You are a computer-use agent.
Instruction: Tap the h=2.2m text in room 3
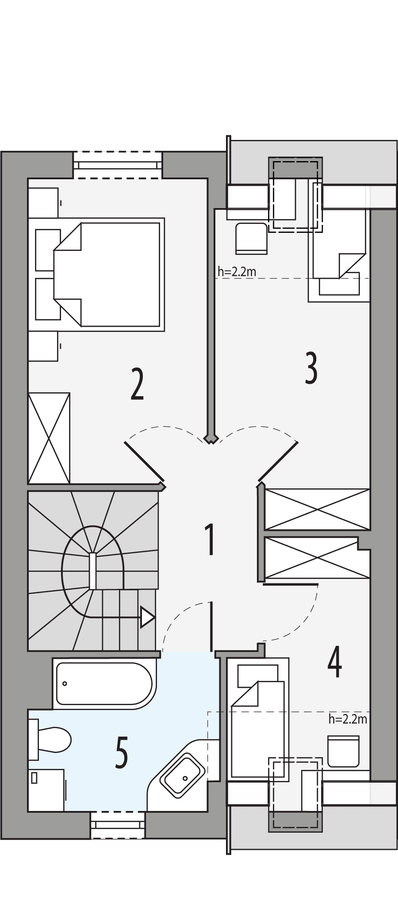point(237,271)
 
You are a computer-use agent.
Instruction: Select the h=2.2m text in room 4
point(348,719)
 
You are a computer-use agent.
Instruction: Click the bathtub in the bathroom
point(104,684)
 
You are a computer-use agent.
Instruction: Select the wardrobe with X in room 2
point(49,438)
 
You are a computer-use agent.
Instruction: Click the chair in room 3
point(251,238)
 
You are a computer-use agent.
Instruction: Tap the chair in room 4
point(343,750)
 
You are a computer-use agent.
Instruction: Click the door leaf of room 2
point(145,461)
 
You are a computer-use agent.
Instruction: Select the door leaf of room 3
point(278,460)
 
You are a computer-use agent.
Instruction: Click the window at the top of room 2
point(118,165)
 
